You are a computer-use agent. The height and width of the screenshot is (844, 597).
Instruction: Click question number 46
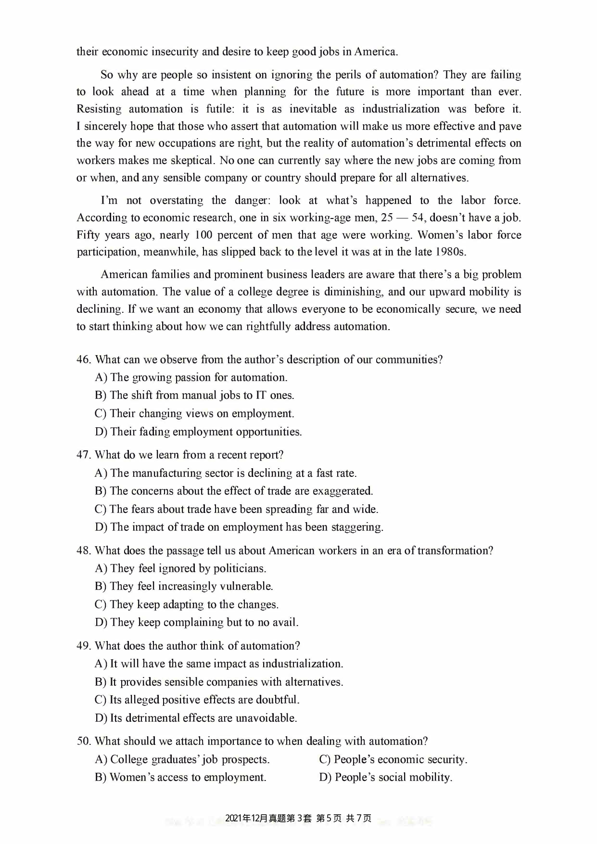[x=83, y=359]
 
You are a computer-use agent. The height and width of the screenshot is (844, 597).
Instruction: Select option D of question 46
[x=198, y=432]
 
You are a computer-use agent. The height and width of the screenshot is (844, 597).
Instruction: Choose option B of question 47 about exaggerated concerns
[x=234, y=491]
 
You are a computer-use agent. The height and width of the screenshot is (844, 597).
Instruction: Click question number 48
[x=83, y=550]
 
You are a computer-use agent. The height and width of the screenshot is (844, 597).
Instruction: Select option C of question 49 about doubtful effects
[x=197, y=700]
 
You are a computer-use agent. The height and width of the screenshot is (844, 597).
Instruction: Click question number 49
[x=83, y=646]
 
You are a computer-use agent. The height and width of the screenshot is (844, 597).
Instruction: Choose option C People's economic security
[x=393, y=759]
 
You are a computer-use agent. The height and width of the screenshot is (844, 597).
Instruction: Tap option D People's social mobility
[x=385, y=777]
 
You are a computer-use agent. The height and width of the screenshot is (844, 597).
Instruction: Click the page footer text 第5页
[x=329, y=818]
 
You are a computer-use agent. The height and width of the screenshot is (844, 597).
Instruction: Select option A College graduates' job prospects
[x=182, y=759]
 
